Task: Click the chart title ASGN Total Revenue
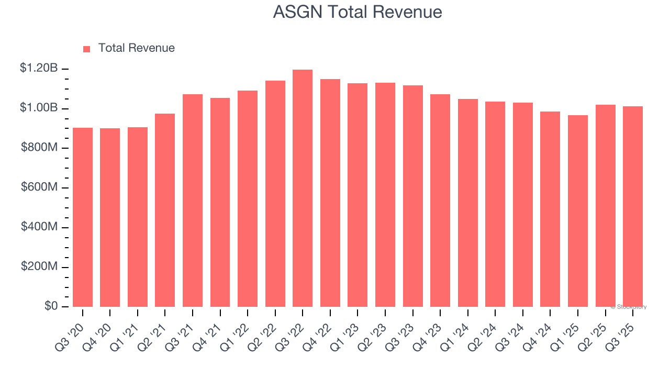click(x=358, y=12)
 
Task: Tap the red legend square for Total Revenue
click(x=87, y=49)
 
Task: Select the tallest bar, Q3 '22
click(x=303, y=188)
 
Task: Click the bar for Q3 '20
click(x=83, y=217)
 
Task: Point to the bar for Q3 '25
click(x=633, y=207)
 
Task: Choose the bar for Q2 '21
click(x=165, y=210)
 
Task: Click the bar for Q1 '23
click(x=358, y=195)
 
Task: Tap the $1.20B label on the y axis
click(x=39, y=68)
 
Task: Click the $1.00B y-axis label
click(x=39, y=108)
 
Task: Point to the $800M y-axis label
click(x=39, y=148)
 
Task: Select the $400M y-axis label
click(x=39, y=227)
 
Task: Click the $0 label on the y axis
click(x=51, y=306)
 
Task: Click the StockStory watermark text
click(x=629, y=307)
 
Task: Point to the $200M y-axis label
click(x=39, y=267)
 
